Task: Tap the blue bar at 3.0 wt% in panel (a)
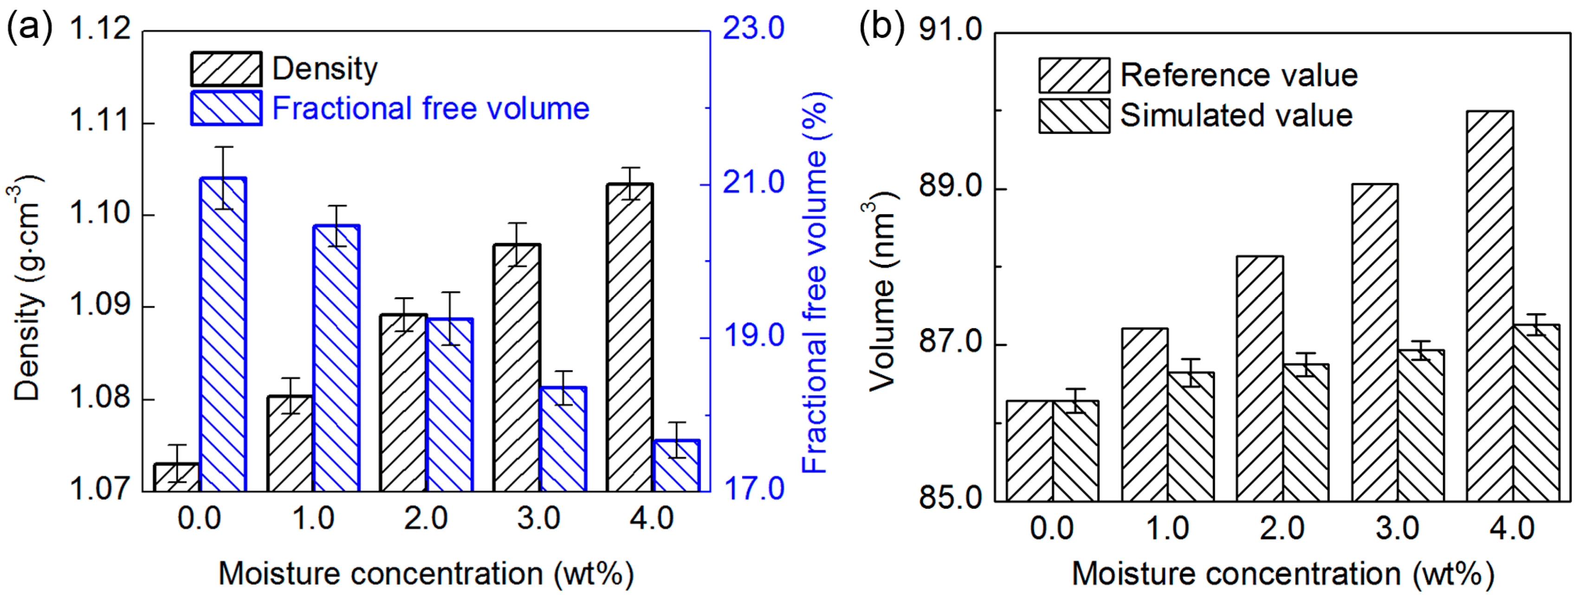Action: pyautogui.click(x=563, y=439)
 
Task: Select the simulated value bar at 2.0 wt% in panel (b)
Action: pyautogui.click(x=1306, y=433)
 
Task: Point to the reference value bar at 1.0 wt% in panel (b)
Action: pyautogui.click(x=1145, y=414)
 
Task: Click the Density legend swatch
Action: pyautogui.click(x=226, y=69)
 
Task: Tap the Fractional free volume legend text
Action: pyautogui.click(x=430, y=109)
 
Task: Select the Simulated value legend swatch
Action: pyautogui.click(x=1074, y=116)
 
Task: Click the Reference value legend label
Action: pyautogui.click(x=1239, y=75)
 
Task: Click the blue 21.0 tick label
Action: pyautogui.click(x=753, y=182)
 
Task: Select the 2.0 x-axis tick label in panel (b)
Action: pyautogui.click(x=1282, y=528)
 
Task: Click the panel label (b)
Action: pyautogui.click(x=881, y=27)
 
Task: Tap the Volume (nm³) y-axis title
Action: pyautogui.click(x=881, y=293)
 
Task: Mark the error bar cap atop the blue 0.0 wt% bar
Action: pyautogui.click(x=223, y=147)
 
